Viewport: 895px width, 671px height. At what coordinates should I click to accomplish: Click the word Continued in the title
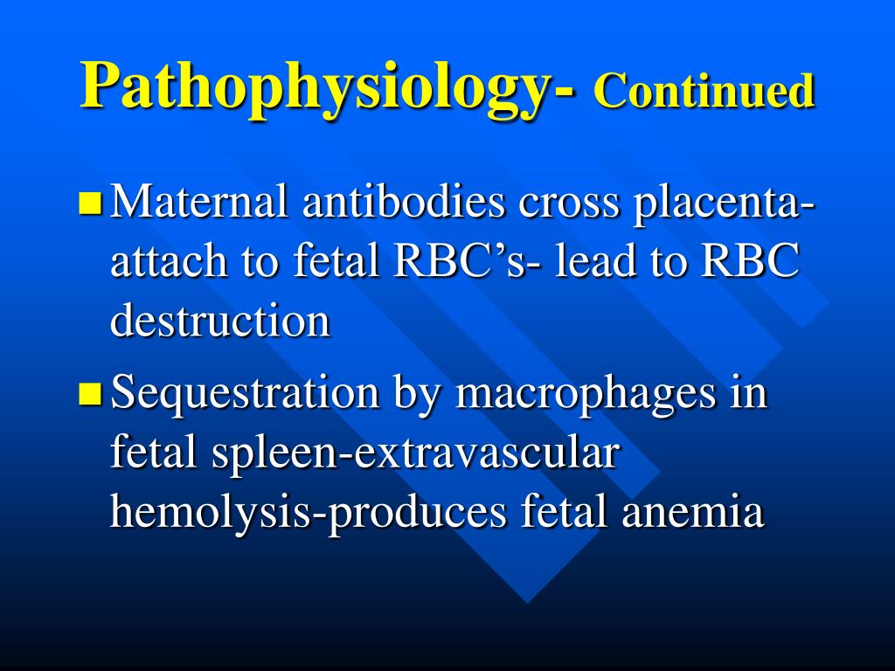(704, 91)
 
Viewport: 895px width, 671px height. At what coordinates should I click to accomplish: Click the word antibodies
(405, 204)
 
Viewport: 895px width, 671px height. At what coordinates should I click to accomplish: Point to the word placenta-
(725, 204)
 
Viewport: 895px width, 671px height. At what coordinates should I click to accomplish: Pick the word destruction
(220, 320)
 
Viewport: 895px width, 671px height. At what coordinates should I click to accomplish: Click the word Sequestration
(246, 394)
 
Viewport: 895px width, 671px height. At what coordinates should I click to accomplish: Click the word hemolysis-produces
(308, 513)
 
